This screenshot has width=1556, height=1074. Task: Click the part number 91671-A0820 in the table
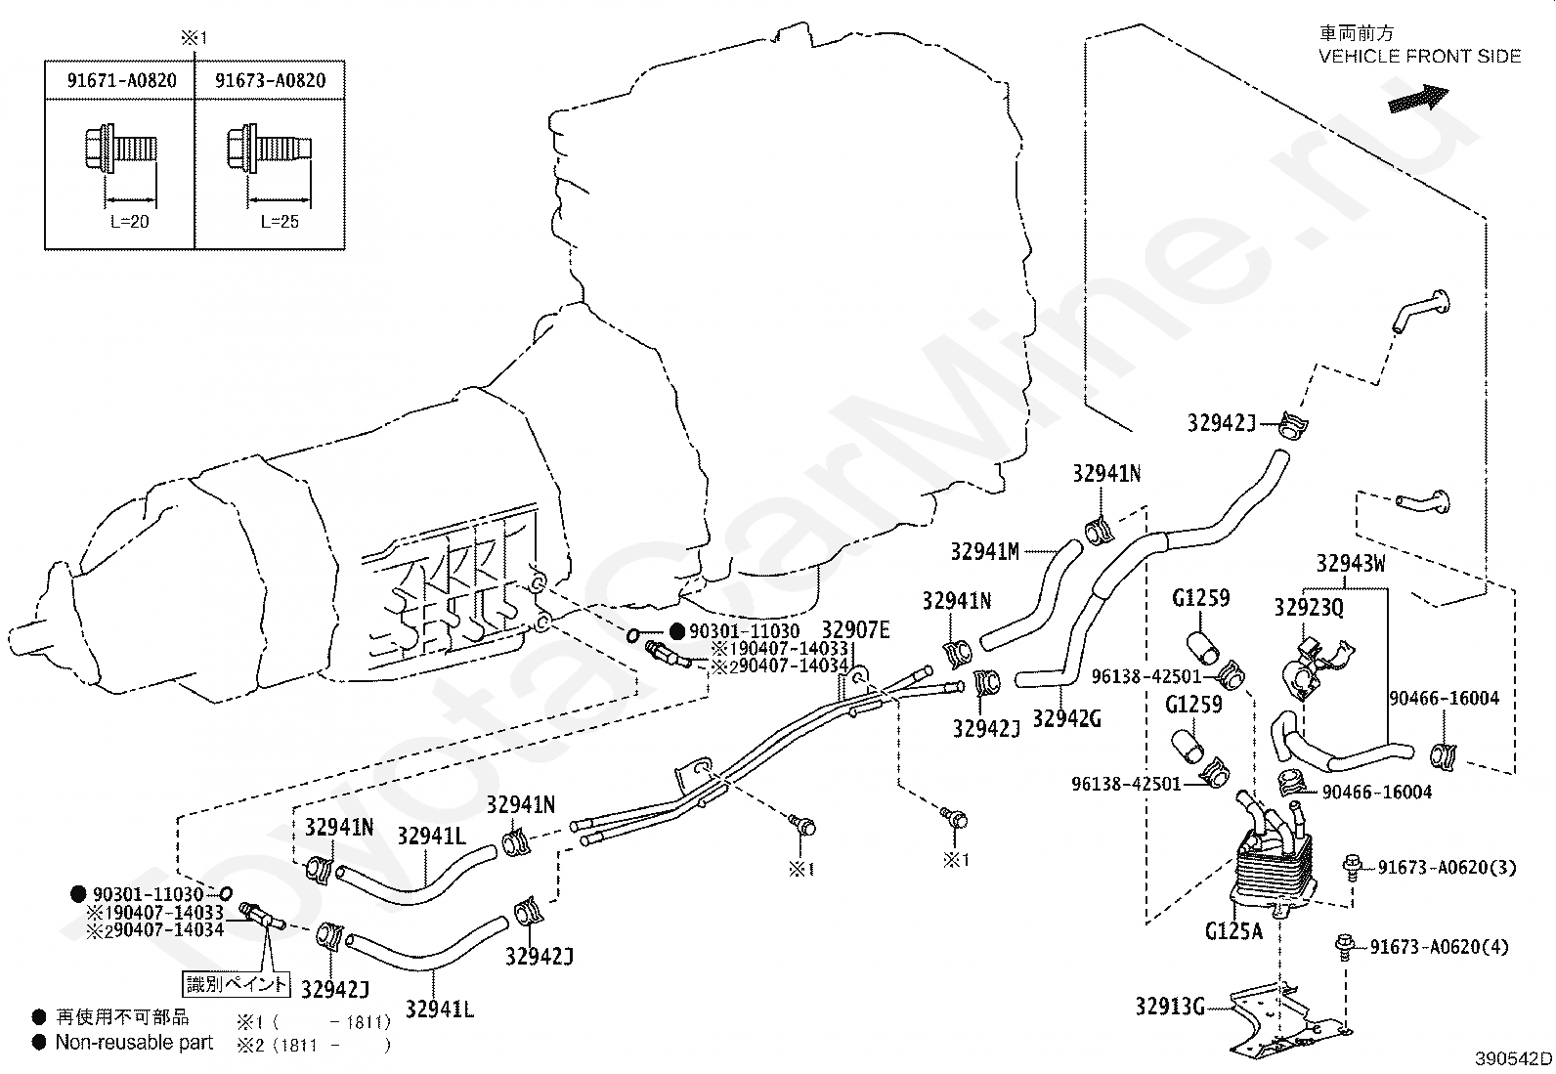tap(121, 80)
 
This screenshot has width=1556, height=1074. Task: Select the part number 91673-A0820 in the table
tap(270, 80)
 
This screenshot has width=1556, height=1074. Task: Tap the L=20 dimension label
tap(130, 222)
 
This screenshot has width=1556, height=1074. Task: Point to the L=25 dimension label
tap(280, 222)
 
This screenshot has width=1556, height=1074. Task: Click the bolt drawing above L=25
tap(269, 148)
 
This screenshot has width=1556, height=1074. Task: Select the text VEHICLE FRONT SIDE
tap(1420, 57)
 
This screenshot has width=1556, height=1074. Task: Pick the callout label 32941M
tap(985, 551)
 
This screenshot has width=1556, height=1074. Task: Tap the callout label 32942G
tap(1067, 718)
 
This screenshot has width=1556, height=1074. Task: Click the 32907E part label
tap(856, 630)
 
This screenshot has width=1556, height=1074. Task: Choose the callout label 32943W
tap(1351, 564)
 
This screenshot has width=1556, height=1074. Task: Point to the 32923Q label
tap(1309, 608)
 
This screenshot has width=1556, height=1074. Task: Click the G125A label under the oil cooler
tap(1233, 931)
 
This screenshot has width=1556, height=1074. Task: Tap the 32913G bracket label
tap(1171, 1006)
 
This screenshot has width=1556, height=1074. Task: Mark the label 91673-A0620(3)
tap(1447, 868)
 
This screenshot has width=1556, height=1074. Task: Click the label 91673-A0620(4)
tap(1440, 947)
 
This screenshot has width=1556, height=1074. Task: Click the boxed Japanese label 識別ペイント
tap(237, 984)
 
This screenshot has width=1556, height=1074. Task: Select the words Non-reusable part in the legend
tap(134, 1043)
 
